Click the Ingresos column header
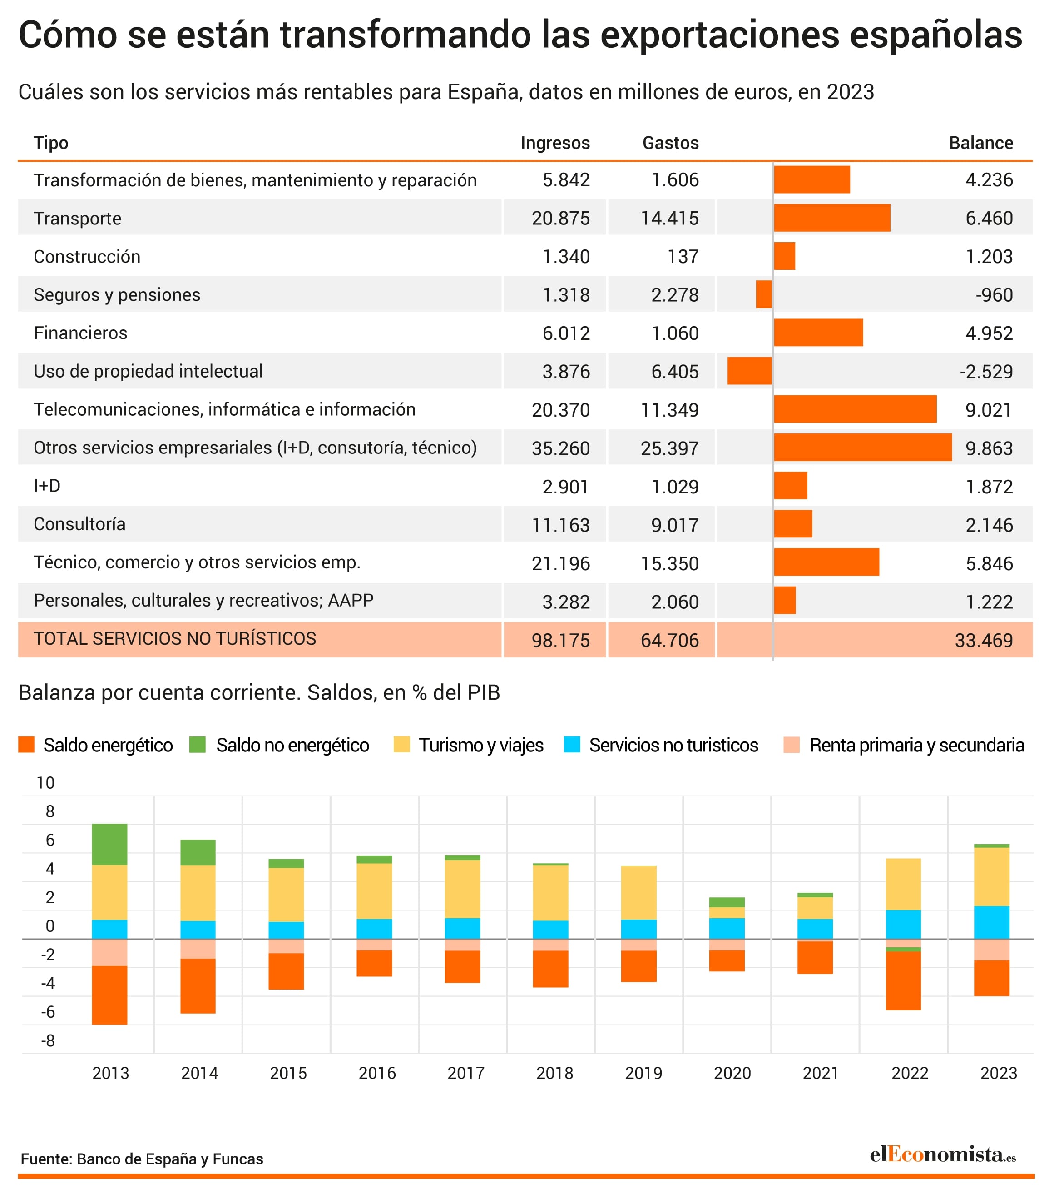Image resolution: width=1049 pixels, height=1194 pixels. [x=554, y=143]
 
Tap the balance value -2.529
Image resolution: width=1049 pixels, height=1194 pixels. [x=986, y=372]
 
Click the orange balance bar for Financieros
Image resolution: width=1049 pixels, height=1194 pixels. [x=818, y=333]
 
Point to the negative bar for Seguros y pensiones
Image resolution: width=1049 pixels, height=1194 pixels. [x=763, y=294]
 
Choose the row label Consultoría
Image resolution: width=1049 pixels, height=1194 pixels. [x=79, y=524]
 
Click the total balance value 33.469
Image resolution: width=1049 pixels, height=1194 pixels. [x=984, y=640]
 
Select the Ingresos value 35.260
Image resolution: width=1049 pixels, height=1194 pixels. [x=560, y=448]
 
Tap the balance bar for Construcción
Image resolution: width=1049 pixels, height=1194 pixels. [x=785, y=256]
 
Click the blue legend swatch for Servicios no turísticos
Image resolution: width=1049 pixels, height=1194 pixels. [x=572, y=745]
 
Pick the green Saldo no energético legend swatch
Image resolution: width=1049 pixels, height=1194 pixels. [x=197, y=745]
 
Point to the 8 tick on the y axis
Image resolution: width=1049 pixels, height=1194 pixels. [x=50, y=811]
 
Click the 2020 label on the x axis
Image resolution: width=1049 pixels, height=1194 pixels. [x=732, y=1073]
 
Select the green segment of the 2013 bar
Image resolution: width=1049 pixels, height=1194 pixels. [x=110, y=844]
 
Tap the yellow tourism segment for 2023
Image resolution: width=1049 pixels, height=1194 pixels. [x=991, y=876]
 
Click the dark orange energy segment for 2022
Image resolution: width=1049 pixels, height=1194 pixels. [x=903, y=981]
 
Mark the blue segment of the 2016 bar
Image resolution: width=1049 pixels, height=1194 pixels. [x=374, y=929]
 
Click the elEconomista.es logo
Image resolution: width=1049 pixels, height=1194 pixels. [x=943, y=1154]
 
